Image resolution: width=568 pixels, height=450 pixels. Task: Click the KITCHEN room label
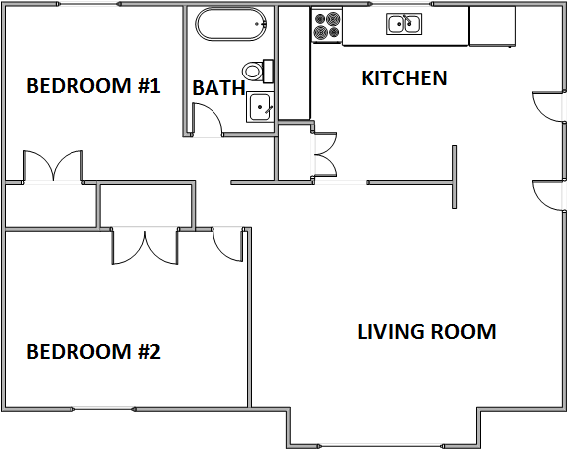404,77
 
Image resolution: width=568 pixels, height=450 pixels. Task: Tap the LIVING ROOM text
426,331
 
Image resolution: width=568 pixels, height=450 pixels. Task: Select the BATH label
218,88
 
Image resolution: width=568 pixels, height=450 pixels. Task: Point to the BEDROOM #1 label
92,86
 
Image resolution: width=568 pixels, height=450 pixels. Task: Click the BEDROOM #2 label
92,351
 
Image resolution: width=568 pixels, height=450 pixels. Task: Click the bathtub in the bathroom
230,24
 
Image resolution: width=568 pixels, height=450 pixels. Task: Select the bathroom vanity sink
260,105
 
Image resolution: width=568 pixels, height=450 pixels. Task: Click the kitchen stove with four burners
326,26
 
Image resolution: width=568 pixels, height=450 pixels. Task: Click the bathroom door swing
207,121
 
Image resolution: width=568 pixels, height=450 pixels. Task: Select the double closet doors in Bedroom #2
145,247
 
